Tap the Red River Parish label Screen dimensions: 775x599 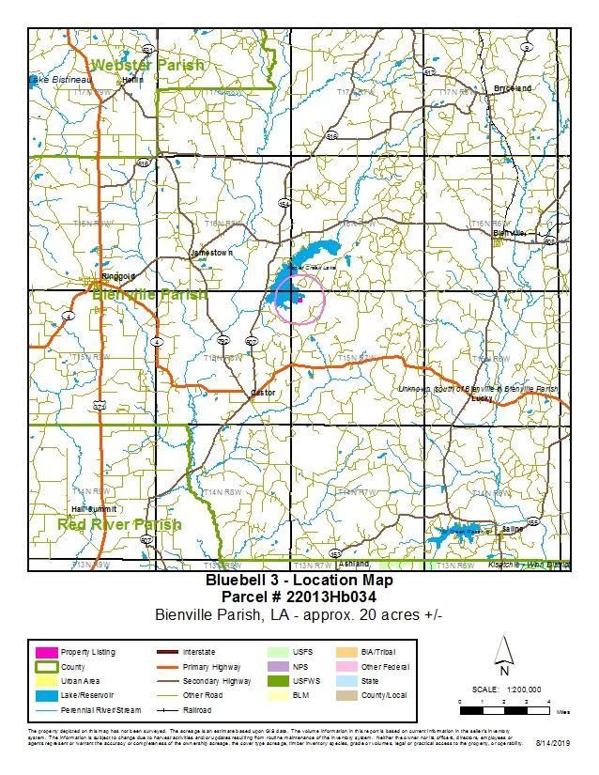tap(119, 524)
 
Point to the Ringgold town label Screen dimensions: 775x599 tap(118, 276)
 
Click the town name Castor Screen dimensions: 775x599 tap(261, 393)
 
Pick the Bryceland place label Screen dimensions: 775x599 tap(513, 88)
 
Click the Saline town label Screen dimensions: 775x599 tap(513, 529)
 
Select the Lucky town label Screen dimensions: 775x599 tap(483, 398)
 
